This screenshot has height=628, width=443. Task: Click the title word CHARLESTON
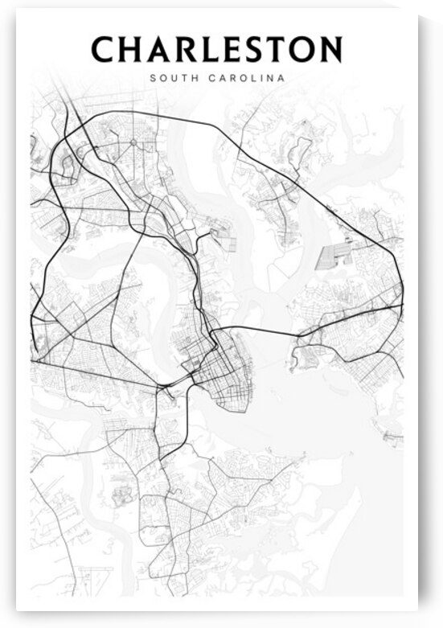216,50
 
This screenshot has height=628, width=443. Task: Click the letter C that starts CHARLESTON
104,50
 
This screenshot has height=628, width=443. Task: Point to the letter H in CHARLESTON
133,50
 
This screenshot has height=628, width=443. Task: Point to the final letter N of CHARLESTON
332,50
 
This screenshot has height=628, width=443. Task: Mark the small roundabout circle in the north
133,142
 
